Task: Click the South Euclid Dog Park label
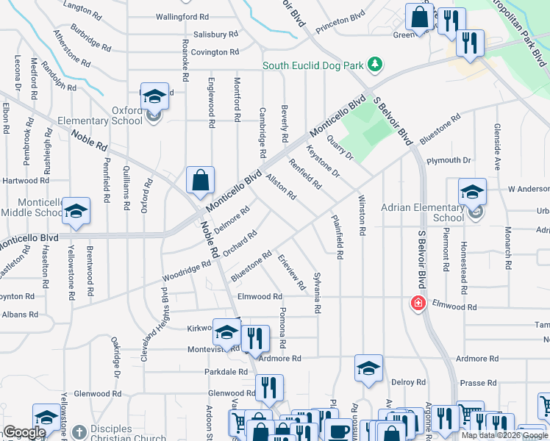(315, 65)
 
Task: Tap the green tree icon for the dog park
(375, 65)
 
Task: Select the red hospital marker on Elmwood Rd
(418, 303)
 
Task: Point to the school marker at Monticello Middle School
(76, 212)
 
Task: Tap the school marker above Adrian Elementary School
(471, 193)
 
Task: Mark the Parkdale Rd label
(226, 372)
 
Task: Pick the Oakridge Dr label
(116, 357)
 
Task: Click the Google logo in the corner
(24, 432)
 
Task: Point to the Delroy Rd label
(408, 382)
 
